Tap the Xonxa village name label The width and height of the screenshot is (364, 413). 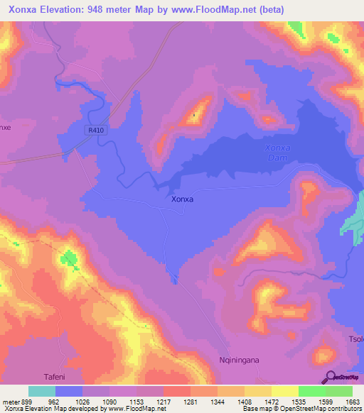pos(183,199)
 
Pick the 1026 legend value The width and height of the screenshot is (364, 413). pos(82,401)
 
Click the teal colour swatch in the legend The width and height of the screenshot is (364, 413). pos(42,391)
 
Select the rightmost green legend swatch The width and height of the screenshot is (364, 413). pos(339,391)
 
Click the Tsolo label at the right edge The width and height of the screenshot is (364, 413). pos(355,337)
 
